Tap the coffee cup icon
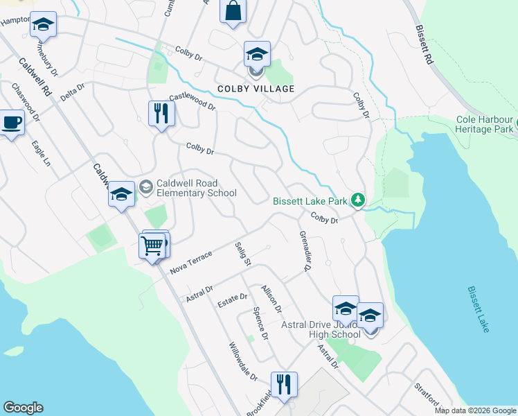(12, 123)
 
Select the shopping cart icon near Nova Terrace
(153, 245)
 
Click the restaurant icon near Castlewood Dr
(161, 112)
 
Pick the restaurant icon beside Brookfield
(284, 384)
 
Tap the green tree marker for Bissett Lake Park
(357, 200)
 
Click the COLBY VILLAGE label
(256, 89)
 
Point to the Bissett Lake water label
(479, 309)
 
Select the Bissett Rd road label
(425, 45)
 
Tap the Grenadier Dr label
(305, 251)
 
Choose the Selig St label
(242, 254)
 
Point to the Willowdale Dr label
(243, 361)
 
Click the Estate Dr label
(233, 297)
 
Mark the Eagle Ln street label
(41, 153)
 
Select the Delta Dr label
(72, 92)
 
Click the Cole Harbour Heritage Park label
(485, 123)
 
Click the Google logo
(23, 408)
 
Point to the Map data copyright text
(474, 410)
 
